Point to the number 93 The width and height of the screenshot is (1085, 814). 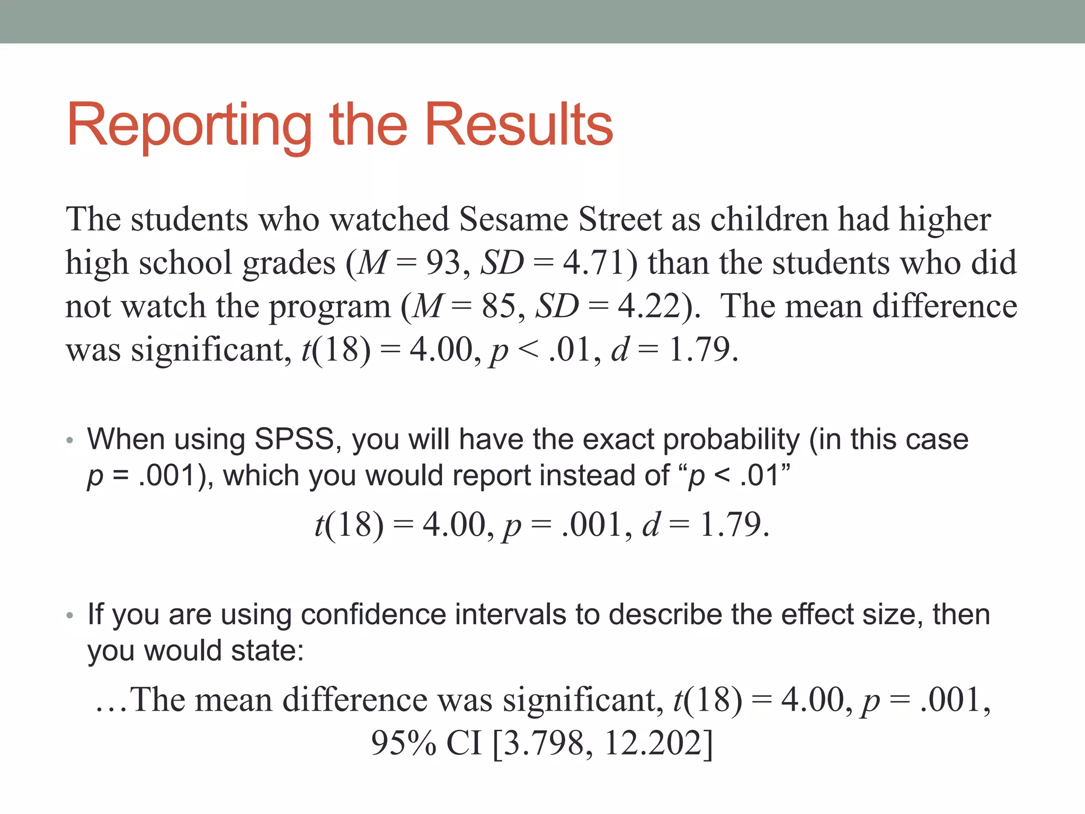[x=443, y=263]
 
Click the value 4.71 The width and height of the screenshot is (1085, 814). [x=594, y=263]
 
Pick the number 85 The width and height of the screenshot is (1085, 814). [x=499, y=306]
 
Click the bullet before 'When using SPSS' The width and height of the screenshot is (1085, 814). [x=69, y=440]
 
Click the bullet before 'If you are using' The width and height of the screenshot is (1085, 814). [x=69, y=615]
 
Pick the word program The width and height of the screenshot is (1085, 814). [x=330, y=307]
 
